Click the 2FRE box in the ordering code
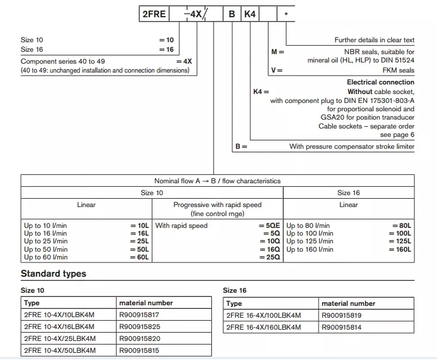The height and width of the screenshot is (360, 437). point(154,13)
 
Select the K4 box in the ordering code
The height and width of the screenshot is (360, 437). point(250,13)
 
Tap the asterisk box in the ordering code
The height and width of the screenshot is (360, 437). point(287,13)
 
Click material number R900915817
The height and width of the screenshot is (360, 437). point(139,315)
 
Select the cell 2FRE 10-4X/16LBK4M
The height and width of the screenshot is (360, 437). point(60,327)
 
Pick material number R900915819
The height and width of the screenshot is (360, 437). point(342,315)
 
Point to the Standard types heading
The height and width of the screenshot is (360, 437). point(54,274)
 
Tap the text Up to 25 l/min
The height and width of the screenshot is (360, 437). point(46,242)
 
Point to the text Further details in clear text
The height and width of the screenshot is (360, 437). point(374,40)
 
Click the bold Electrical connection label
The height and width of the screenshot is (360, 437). point(380,82)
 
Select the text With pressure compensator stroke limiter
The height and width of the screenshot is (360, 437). point(352,146)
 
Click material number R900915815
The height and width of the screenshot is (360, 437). point(139,350)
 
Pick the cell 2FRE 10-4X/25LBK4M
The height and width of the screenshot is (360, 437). point(60,339)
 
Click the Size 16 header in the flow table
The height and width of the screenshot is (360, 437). point(348,193)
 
